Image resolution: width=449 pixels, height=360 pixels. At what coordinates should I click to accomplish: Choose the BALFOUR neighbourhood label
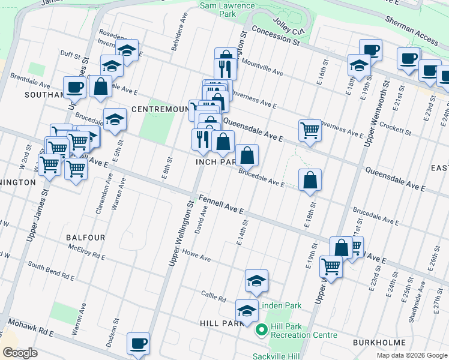pos(86,238)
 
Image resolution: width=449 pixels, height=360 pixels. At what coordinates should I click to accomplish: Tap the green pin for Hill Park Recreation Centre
pos(262,330)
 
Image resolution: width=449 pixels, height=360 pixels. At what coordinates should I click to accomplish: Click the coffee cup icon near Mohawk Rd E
pos(138,344)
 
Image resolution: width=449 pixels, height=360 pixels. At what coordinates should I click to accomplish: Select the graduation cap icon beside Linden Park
pos(256,281)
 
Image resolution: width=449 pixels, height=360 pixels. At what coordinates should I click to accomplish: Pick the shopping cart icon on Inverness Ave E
pos(309,129)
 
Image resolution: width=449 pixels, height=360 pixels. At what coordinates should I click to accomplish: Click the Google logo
pos(20,353)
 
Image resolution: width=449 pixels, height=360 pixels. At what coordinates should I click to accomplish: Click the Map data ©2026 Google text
pos(411,355)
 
